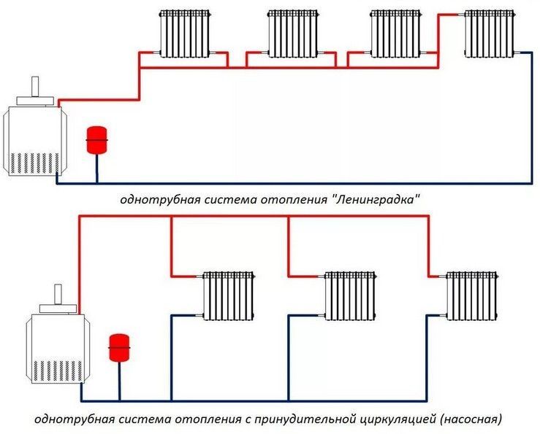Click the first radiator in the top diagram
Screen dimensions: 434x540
[x=186, y=33]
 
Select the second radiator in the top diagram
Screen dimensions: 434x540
[x=292, y=33]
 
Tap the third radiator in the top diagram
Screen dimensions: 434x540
[x=395, y=33]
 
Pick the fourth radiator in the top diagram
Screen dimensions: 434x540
[x=490, y=33]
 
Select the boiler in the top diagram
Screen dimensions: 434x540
[x=34, y=139]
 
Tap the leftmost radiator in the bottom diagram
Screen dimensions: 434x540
[x=229, y=295]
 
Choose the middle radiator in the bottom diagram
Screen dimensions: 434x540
[x=350, y=295]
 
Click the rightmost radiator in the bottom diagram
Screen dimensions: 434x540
[x=471, y=295]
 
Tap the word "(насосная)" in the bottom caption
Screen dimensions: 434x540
[x=471, y=420]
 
